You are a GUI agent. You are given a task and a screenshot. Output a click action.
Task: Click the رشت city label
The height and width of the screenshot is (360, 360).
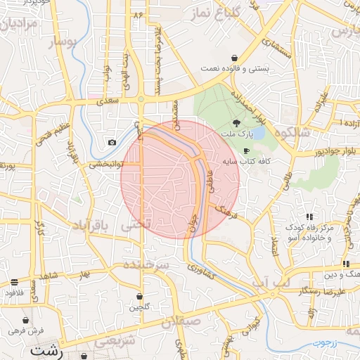click(45, 349)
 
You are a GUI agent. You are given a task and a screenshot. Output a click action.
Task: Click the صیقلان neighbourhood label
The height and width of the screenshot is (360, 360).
click(181, 323)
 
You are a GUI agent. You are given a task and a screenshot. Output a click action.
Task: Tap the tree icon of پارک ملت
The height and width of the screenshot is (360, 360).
click(236, 123)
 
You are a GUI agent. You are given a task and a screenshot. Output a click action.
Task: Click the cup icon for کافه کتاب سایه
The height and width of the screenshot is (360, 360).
click(246, 150)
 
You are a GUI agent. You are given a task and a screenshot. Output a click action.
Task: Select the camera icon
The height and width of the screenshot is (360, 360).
click(112, 143)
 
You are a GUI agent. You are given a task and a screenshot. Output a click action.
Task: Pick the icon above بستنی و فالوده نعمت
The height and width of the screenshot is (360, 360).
click(234, 59)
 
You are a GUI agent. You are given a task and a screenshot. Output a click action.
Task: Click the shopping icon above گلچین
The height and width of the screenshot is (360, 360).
click(139, 296)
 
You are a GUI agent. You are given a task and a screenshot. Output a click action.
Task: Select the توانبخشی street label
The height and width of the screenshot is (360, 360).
click(104, 165)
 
